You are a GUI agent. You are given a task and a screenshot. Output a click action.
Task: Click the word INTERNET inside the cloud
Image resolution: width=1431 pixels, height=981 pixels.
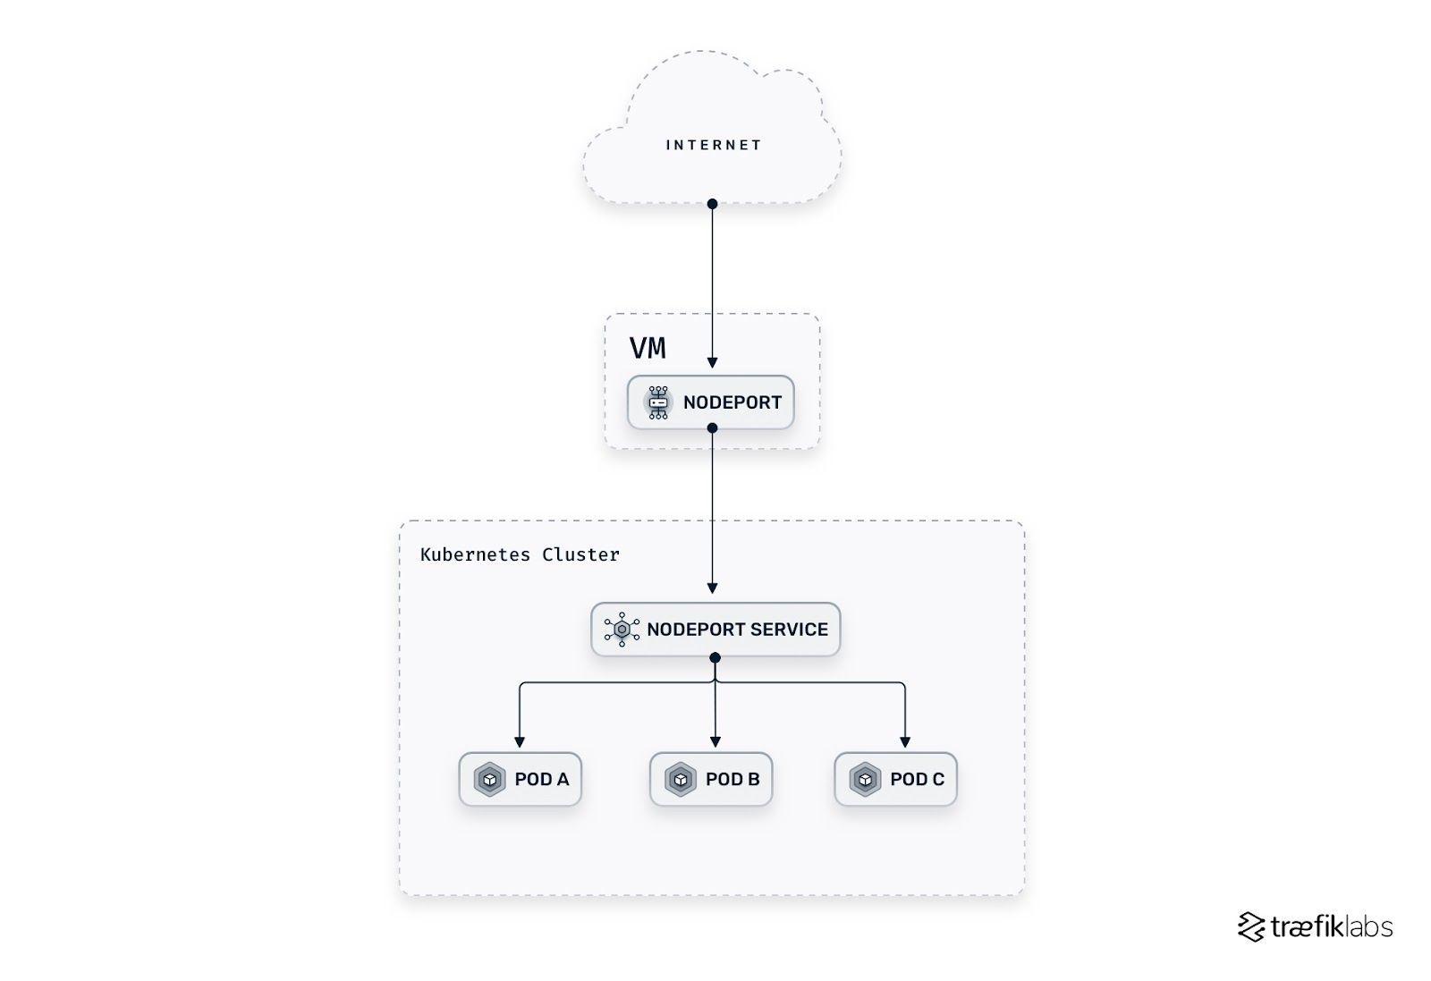[x=713, y=145]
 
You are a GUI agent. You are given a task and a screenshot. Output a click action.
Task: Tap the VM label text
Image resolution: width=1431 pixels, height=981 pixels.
[x=648, y=348]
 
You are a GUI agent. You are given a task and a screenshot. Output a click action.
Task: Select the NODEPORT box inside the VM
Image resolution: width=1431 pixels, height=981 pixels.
[x=711, y=402]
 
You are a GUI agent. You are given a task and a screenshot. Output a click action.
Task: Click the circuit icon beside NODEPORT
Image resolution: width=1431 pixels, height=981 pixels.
[x=658, y=402]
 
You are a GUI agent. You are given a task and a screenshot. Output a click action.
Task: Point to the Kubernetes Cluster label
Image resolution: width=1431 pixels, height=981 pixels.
[x=520, y=554]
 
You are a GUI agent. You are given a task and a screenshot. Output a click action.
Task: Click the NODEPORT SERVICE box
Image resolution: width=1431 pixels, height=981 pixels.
[x=715, y=630]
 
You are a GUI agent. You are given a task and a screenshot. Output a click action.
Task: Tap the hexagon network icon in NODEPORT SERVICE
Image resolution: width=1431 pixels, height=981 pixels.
[x=622, y=630]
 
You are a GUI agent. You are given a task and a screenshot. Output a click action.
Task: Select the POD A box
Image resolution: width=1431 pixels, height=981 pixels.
[x=521, y=779]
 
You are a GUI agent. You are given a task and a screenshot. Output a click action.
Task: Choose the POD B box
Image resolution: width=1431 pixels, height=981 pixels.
[x=711, y=779]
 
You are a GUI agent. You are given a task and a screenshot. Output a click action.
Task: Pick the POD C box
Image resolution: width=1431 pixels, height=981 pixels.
[x=895, y=779]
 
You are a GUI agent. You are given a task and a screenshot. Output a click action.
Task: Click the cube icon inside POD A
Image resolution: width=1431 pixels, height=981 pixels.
[x=489, y=780]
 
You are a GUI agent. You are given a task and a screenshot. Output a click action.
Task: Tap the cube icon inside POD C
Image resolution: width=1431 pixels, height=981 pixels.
[x=865, y=780]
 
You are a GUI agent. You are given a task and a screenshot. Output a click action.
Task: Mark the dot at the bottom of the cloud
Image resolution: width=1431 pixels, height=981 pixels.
[x=712, y=204]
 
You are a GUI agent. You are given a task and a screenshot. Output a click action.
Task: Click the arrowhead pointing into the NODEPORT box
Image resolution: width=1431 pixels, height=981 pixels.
[x=712, y=363]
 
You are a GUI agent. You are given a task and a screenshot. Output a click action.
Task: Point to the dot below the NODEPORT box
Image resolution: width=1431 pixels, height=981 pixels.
[x=712, y=428]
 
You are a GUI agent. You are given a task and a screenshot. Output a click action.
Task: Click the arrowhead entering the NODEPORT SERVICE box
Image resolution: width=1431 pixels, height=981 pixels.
[x=712, y=588]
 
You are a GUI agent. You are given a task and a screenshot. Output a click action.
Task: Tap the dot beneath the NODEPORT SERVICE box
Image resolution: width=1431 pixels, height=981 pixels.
[x=715, y=657]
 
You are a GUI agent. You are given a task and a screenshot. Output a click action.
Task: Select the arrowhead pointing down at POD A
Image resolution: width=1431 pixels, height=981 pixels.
[x=520, y=742]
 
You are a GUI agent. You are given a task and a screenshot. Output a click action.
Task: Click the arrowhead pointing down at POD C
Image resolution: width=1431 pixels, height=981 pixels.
[x=905, y=742]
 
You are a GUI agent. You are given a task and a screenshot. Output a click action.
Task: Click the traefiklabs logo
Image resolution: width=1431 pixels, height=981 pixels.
[x=1315, y=927]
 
